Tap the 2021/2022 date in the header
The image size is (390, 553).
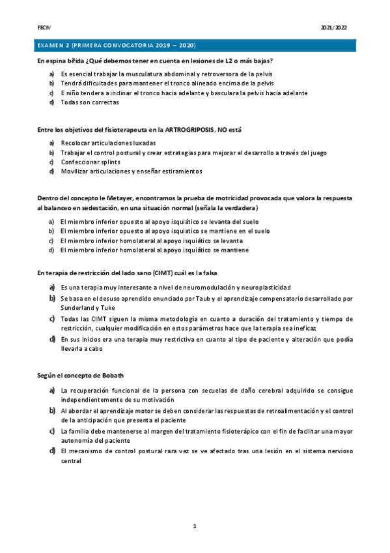coord(335,29)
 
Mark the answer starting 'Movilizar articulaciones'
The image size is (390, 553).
coord(131,171)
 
